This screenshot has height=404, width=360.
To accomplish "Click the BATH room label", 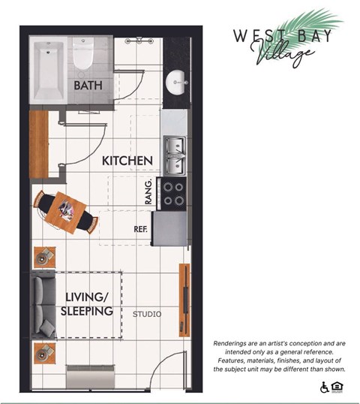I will (x=88, y=86).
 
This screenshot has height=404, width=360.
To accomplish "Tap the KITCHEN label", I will (x=127, y=161).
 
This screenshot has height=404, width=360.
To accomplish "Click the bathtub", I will (x=49, y=71).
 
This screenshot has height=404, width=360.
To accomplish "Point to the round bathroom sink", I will (x=178, y=81).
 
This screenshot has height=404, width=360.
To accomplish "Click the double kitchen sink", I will (x=174, y=153).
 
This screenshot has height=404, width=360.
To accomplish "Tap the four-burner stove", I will (x=174, y=194).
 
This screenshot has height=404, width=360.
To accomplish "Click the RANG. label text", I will (x=149, y=192).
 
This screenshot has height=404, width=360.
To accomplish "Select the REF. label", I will (x=140, y=228).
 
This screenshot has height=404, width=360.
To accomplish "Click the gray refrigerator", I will (x=169, y=229).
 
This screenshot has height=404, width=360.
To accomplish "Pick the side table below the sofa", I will (x=43, y=351).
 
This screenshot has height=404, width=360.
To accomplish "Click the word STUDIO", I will (x=146, y=313).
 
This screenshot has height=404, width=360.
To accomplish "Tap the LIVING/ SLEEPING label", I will (x=88, y=303).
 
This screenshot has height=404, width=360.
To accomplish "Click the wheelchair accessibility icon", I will (x=325, y=387).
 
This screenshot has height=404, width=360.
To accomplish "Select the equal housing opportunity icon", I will (x=337, y=387).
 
